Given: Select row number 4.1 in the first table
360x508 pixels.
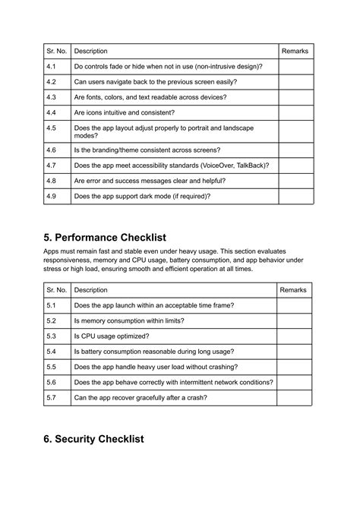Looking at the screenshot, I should [51, 67].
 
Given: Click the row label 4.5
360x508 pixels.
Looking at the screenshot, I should [51, 128].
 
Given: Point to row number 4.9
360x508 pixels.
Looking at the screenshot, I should [51, 196].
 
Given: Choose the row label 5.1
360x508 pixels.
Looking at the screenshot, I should [51, 305].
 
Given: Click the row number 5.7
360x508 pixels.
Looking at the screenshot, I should [51, 397].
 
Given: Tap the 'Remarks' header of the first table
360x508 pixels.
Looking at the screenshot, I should [295, 51].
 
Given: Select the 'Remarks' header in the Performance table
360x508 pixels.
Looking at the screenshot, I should [293, 290].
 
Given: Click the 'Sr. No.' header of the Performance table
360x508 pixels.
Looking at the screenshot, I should [56, 290].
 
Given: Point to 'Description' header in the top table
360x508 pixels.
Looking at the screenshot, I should [90, 51].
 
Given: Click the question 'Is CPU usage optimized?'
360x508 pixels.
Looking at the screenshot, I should [111, 336].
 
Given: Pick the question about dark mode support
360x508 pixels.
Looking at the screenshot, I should [142, 196].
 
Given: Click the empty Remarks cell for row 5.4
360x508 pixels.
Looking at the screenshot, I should [293, 352].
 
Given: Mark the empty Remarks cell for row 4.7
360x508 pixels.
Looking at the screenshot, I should [295, 165].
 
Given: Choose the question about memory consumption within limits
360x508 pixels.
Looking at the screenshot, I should [129, 320].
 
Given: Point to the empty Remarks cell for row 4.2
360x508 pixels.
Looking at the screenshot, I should [295, 82].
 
